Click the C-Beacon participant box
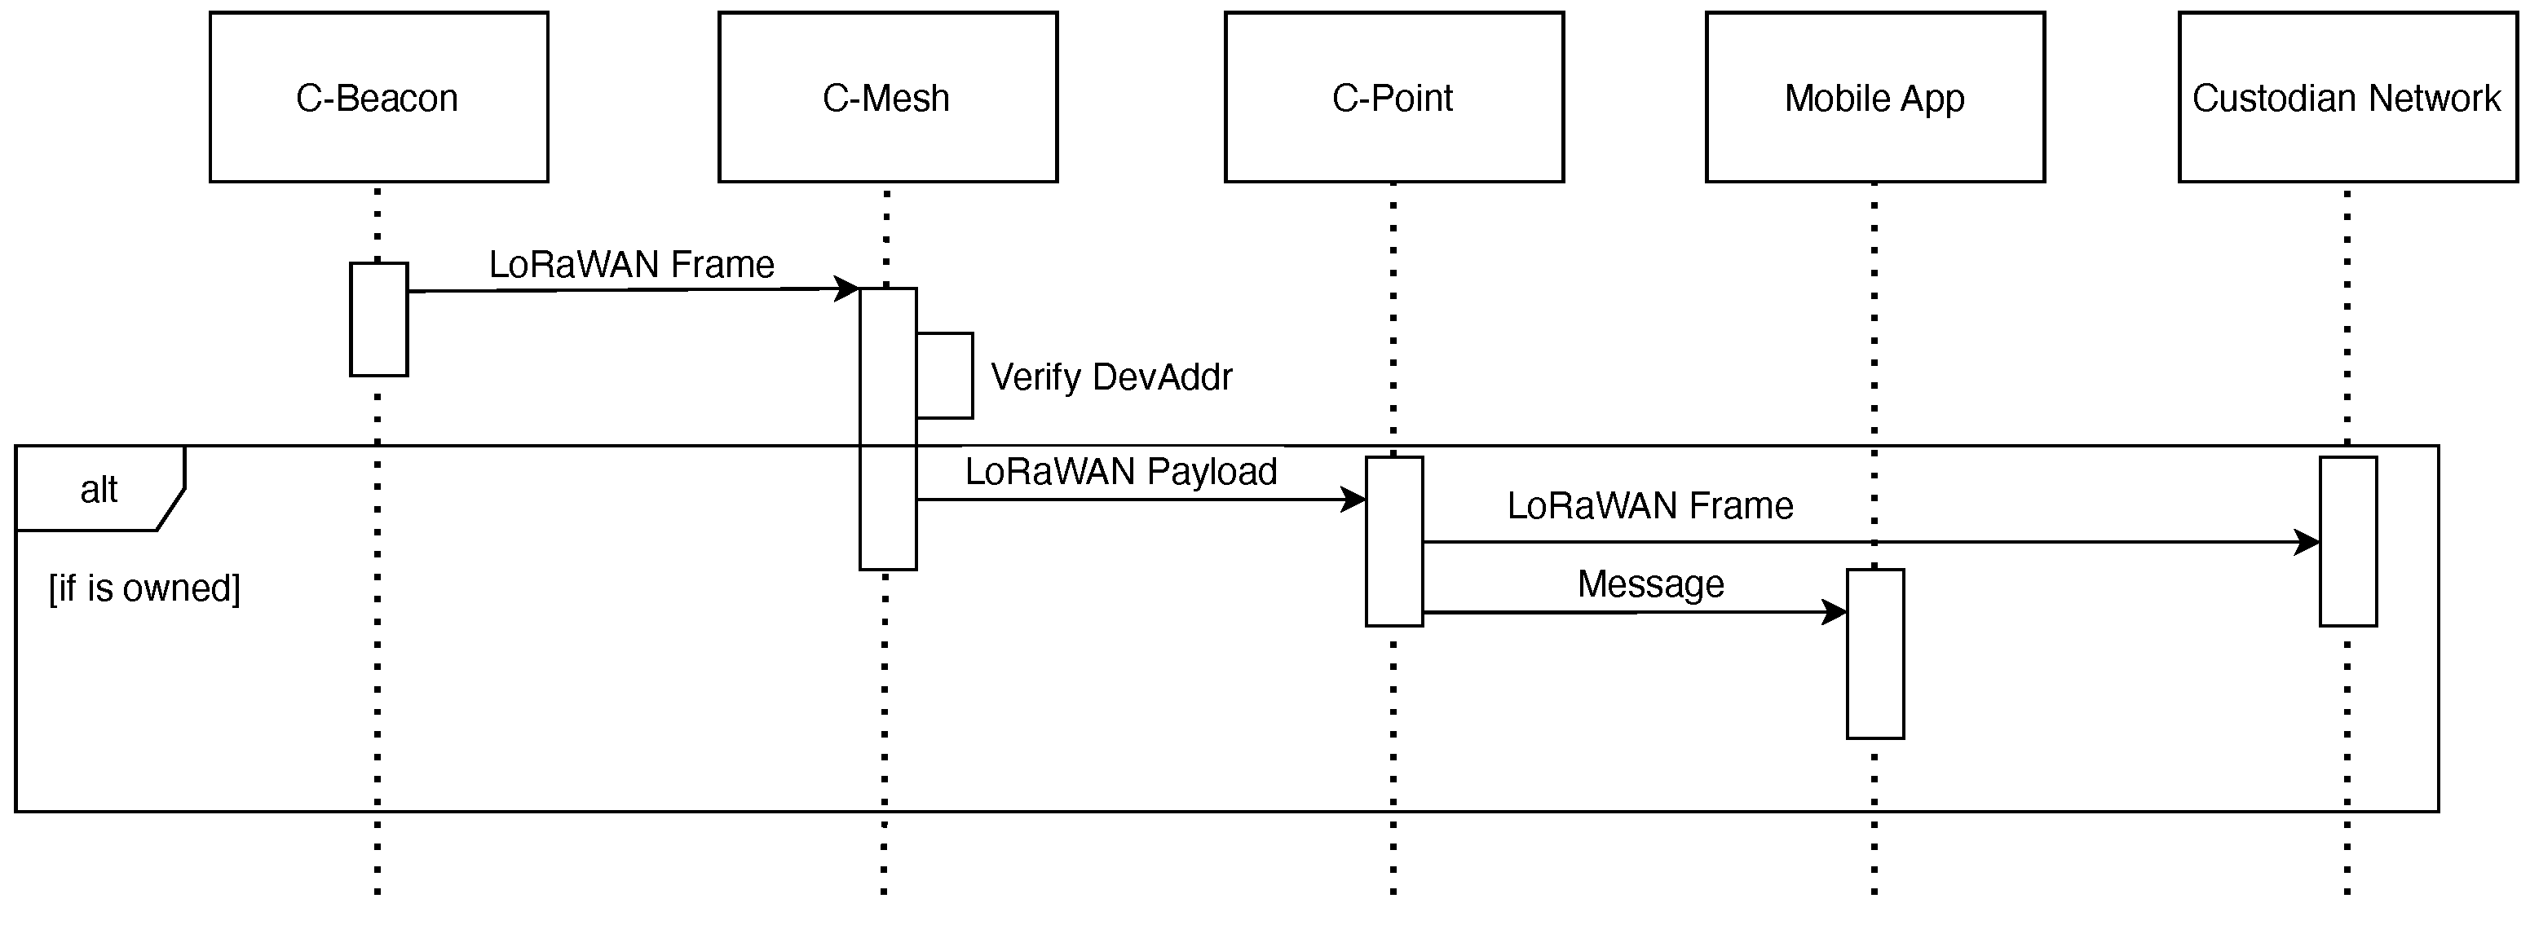click(378, 97)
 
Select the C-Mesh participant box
click(887, 97)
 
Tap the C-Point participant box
click(1393, 97)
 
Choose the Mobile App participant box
click(1875, 97)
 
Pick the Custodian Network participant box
click(2347, 97)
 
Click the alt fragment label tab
click(98, 489)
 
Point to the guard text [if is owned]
click(144, 588)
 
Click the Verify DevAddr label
click(1110, 377)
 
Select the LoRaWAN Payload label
click(1120, 471)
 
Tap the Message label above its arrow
click(1650, 584)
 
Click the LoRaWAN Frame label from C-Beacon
click(632, 264)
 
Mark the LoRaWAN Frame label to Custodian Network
click(1650, 506)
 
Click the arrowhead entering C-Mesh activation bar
click(846, 289)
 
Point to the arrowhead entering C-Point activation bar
click(1353, 500)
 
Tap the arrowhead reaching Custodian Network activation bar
click(2307, 542)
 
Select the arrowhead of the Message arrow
click(1834, 613)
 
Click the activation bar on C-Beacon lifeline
click(378, 319)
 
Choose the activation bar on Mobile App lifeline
click(1875, 654)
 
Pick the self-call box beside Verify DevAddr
click(945, 376)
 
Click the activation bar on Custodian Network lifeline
click(2348, 541)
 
